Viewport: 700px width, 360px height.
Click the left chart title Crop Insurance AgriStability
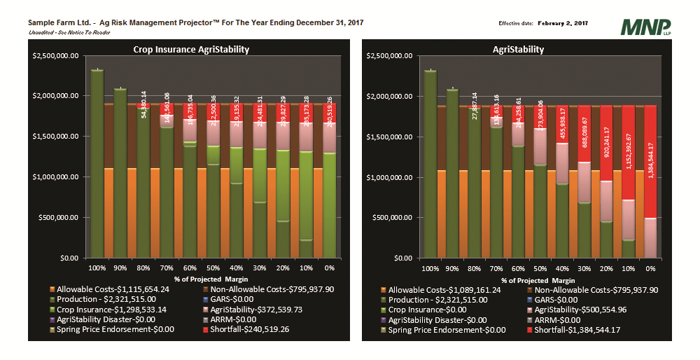191,50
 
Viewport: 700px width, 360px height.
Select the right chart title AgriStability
519,50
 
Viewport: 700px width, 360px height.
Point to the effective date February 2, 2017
563,23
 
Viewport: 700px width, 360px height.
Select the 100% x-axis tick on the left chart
97,268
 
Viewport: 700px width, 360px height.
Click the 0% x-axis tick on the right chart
650,268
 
